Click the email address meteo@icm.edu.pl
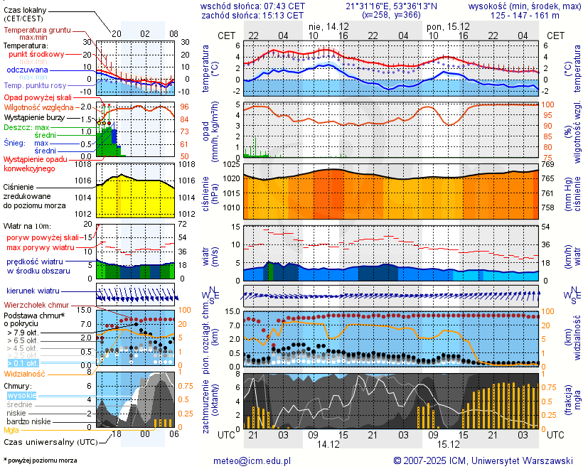(252, 460)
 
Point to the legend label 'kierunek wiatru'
(33, 291)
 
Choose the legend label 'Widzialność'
(25, 373)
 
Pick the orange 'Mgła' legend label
(11, 430)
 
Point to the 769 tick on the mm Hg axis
(547, 165)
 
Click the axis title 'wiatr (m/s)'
(211, 252)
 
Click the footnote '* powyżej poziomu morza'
(40, 460)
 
